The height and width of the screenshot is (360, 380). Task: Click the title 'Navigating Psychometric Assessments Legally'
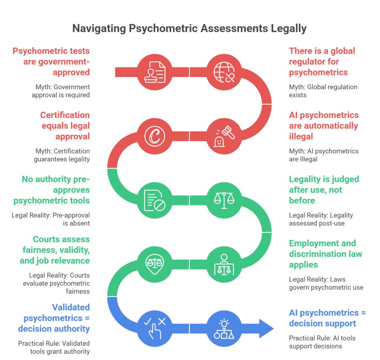[x=189, y=29]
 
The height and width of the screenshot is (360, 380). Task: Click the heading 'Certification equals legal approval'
[x=65, y=126]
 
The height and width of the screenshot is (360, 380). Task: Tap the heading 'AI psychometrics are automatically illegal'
[x=324, y=126]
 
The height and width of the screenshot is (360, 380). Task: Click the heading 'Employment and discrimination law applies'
[x=325, y=254]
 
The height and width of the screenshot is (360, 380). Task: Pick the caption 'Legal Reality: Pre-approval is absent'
[x=51, y=219]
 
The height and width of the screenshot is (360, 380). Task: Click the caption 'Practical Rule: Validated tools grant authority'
[x=54, y=347]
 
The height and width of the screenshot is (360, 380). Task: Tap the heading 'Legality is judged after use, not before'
[x=324, y=190]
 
